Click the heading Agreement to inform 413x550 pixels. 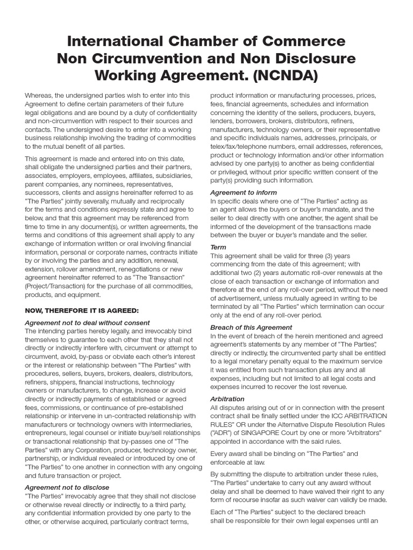coord(244,192)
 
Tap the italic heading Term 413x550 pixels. coord(218,247)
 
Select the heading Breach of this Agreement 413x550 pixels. coord(251,327)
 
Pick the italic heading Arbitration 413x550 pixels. coord(227,399)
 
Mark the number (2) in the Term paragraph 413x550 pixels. coord(256,273)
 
